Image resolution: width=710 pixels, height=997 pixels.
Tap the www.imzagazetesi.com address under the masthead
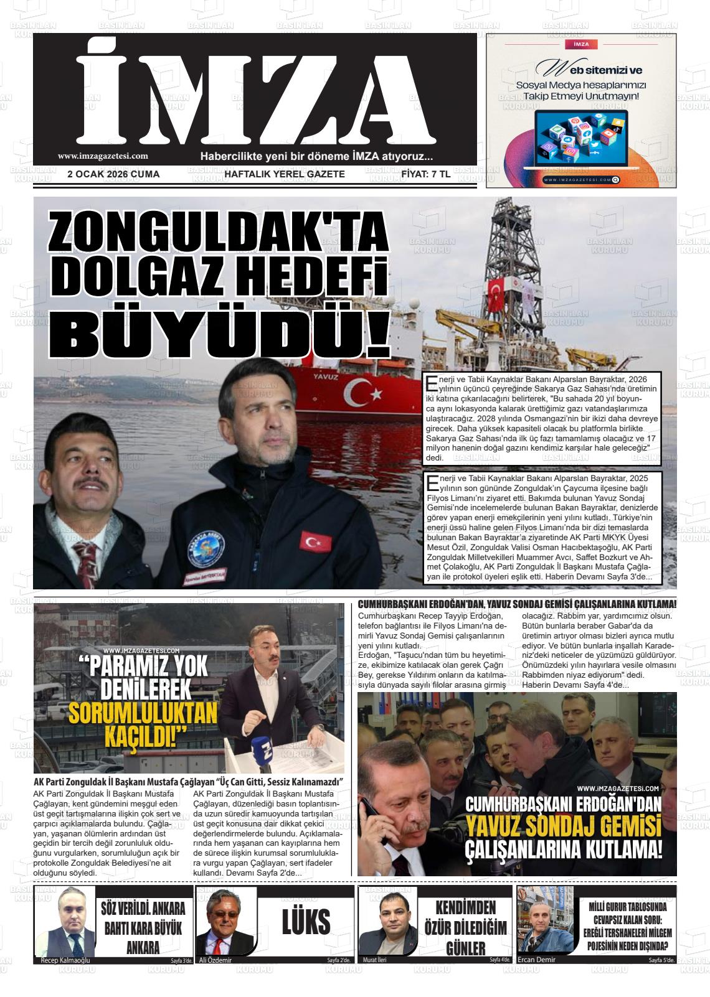tap(103, 157)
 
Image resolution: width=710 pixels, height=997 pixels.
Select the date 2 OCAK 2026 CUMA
tap(113, 174)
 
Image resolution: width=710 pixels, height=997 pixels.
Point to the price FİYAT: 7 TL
tap(426, 174)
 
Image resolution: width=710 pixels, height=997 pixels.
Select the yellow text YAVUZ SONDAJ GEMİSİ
tap(563, 827)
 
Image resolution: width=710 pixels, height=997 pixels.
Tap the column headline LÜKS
tap(306, 922)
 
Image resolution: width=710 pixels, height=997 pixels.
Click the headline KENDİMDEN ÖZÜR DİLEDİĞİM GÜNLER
tap(465, 927)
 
